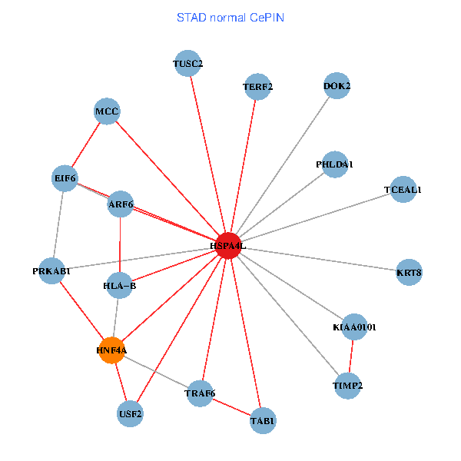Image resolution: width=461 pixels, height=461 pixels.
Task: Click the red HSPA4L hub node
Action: click(227, 245)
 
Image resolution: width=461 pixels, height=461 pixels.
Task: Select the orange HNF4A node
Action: click(111, 350)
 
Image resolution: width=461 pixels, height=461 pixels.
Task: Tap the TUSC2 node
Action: click(187, 64)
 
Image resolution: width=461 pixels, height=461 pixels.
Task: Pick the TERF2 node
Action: click(257, 86)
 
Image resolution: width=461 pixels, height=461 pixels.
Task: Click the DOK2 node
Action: click(337, 86)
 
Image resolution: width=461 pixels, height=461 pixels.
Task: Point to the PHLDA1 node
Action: click(334, 164)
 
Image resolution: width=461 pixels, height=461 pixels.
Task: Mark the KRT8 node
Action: click(409, 272)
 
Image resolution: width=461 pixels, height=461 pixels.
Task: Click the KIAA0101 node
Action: click(354, 327)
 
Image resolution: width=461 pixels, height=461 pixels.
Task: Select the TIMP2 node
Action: click(348, 385)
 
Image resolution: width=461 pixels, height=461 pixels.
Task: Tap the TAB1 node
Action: click(262, 420)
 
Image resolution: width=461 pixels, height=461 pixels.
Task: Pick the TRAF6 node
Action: click(200, 394)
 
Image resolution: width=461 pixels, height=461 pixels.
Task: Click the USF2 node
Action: click(131, 414)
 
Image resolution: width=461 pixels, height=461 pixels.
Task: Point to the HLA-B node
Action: click(119, 286)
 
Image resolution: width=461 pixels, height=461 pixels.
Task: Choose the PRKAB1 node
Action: click(51, 270)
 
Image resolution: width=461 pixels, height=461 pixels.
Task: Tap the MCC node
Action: click(107, 112)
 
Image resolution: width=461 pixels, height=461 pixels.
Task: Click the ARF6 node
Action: click(121, 204)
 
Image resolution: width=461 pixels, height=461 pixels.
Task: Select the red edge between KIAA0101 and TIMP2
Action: click(351, 357)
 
